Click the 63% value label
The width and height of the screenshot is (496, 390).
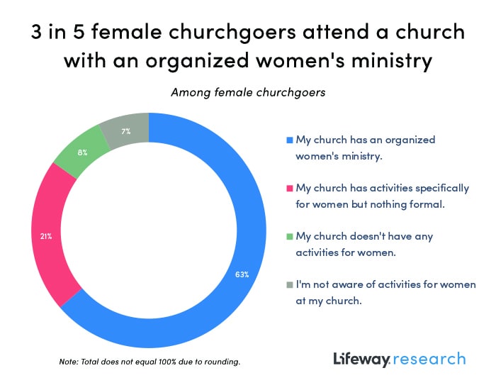coord(242,274)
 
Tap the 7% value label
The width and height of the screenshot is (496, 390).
coord(125,131)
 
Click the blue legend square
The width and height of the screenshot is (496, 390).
coord(288,140)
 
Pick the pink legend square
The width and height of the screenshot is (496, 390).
coord(288,188)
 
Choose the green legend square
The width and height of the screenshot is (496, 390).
coord(288,236)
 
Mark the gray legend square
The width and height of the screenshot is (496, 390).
coord(288,284)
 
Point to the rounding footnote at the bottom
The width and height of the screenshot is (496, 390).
coord(150,362)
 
